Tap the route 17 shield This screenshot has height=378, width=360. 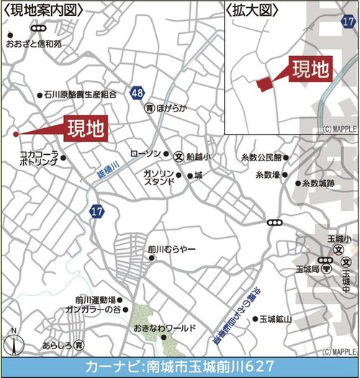point(96,210)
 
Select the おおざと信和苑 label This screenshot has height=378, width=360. point(34,43)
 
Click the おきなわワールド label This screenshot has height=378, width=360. point(164,328)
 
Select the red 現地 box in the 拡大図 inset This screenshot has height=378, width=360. point(310,69)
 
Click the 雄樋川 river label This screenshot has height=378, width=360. point(107,169)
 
